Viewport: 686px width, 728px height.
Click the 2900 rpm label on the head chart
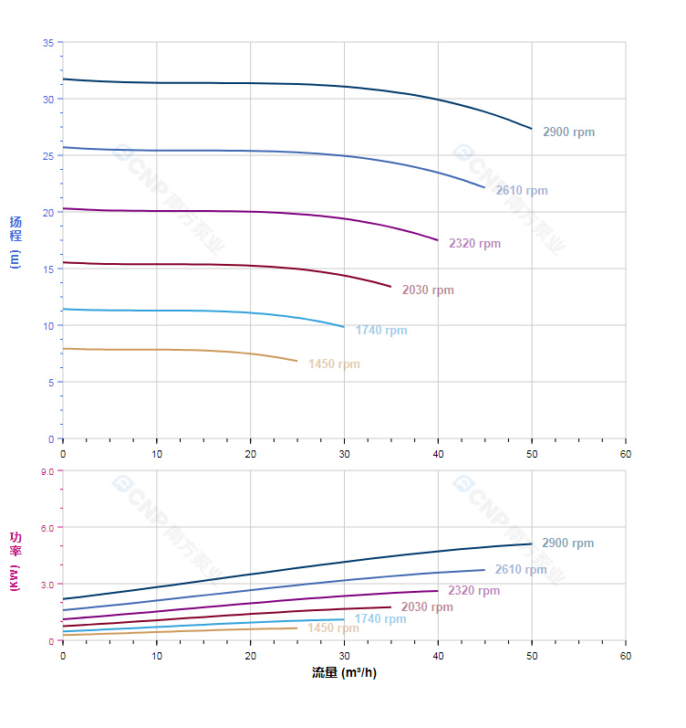[568, 132]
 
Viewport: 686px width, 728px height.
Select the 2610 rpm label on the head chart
[522, 191]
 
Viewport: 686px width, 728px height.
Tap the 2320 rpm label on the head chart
[474, 244]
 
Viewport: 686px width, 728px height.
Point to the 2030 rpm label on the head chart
[428, 290]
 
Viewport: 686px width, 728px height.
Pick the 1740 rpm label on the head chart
[381, 331]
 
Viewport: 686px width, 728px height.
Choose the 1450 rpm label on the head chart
[334, 364]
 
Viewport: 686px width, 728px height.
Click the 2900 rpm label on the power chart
[567, 543]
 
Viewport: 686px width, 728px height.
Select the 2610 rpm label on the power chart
[521, 570]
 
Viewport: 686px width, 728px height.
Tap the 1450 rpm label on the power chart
[333, 628]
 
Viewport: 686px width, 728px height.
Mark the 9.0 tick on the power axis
[47, 470]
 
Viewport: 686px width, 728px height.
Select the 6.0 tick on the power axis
[47, 527]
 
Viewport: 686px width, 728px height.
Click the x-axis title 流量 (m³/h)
[344, 673]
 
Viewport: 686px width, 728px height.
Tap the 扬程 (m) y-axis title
[16, 241]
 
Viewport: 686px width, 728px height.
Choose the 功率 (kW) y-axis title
[16, 561]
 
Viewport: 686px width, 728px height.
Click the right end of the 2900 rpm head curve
[531, 128]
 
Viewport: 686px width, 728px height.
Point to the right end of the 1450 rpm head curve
[296, 361]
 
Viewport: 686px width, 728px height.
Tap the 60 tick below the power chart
[626, 656]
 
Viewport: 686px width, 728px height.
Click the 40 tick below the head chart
[438, 454]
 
